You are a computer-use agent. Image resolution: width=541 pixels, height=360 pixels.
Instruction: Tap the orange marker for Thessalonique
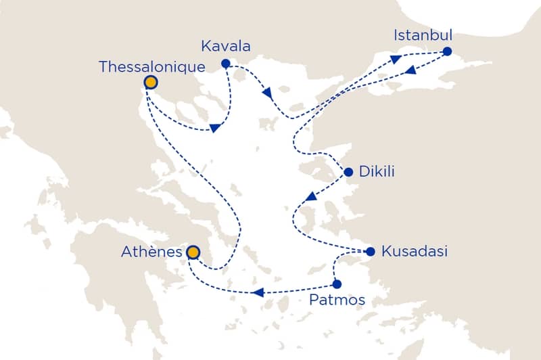tap(151, 83)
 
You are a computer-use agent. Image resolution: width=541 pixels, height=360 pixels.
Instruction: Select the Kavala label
tap(226, 47)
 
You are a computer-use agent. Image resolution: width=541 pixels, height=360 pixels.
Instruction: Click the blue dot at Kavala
tap(226, 64)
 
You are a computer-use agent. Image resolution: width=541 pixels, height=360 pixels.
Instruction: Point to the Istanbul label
tap(423, 35)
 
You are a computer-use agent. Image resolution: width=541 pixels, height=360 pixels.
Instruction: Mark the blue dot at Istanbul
tap(446, 51)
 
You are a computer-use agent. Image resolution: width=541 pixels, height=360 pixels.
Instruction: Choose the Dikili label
tap(378, 173)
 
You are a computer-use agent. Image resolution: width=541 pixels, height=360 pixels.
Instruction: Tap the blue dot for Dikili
tap(348, 172)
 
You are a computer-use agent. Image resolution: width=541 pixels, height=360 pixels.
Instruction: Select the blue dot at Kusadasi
tap(370, 252)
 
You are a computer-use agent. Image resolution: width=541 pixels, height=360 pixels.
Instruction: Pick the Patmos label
tap(336, 300)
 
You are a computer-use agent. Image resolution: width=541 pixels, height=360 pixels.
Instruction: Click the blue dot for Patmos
tap(337, 284)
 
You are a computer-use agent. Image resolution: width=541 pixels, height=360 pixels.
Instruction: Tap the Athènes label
tap(151, 252)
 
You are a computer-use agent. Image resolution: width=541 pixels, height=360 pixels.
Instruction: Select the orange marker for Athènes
tap(193, 252)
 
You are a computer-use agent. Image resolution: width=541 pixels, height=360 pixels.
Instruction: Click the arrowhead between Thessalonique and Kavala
tap(215, 129)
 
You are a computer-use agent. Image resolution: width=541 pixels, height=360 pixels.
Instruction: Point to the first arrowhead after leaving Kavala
tap(268, 93)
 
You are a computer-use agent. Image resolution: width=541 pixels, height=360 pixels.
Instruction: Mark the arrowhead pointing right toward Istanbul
tap(394, 60)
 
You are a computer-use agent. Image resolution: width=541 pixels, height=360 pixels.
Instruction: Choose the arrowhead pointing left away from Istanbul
tap(410, 68)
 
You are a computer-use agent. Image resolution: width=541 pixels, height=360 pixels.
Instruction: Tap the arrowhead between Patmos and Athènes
tap(257, 293)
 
